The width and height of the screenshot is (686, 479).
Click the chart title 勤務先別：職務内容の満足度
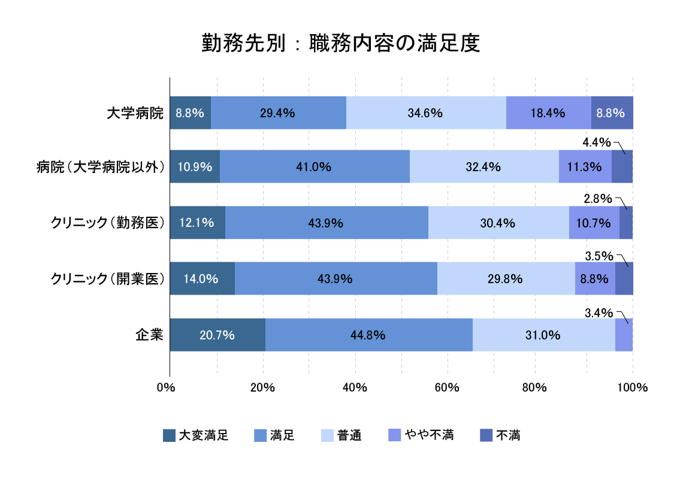pos(341,44)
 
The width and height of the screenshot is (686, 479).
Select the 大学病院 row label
pos(135,113)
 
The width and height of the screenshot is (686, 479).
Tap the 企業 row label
pos(149,335)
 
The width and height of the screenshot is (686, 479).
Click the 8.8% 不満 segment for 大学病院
pos(612,113)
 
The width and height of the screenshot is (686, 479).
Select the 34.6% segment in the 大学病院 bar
pos(426,113)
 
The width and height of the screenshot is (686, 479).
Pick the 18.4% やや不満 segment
pos(548,113)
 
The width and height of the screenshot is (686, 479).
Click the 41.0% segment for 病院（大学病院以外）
pos(315,167)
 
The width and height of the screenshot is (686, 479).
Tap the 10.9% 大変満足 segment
pos(195,167)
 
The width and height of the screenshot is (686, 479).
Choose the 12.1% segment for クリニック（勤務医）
pos(197,223)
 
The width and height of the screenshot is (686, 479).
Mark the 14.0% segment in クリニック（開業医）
pos(202,278)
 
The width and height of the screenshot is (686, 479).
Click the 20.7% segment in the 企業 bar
pos(217,335)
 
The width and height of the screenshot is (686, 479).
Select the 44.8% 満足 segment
pos(368,335)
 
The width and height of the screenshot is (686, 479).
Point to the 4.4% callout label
pos(597,143)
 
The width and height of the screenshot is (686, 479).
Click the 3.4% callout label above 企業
pos(599,313)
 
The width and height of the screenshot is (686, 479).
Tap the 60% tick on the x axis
pos(447,387)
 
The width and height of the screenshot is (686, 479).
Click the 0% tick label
pos(165,387)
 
